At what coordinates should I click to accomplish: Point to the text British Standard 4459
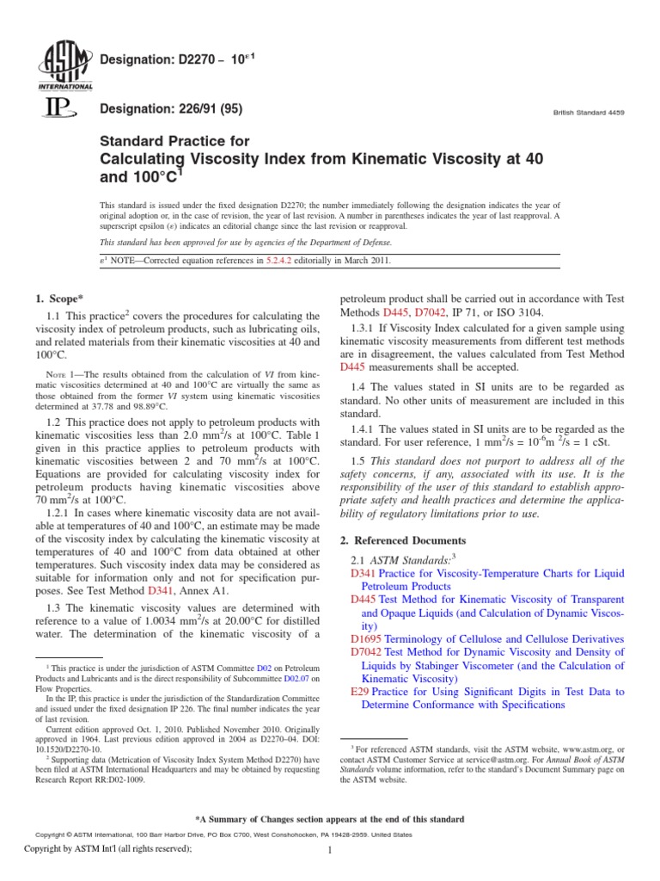click(592, 113)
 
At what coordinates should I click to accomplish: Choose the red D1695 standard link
click(367, 639)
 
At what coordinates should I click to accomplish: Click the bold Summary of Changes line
click(330, 819)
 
